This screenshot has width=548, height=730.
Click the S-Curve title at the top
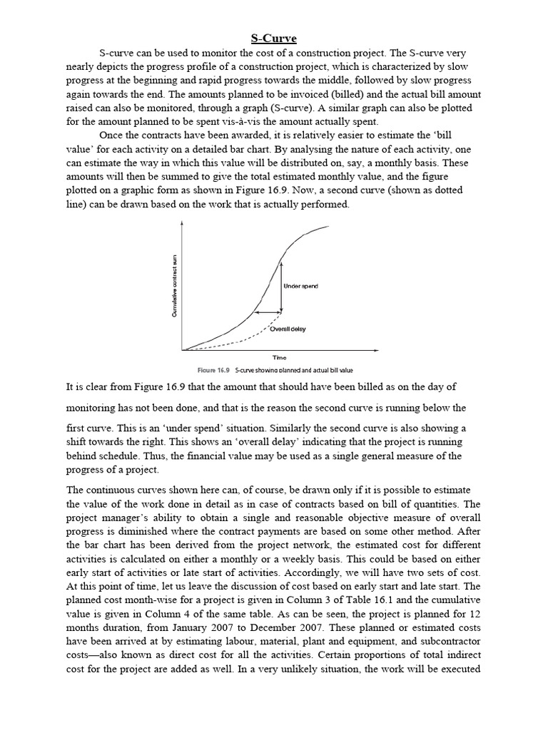pos(274,38)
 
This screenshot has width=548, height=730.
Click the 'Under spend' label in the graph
pos(300,286)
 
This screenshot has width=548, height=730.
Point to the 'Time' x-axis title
pos(280,358)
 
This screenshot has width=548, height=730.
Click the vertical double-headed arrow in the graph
pos(281,284)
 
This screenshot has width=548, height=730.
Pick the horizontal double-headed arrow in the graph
pos(268,312)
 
